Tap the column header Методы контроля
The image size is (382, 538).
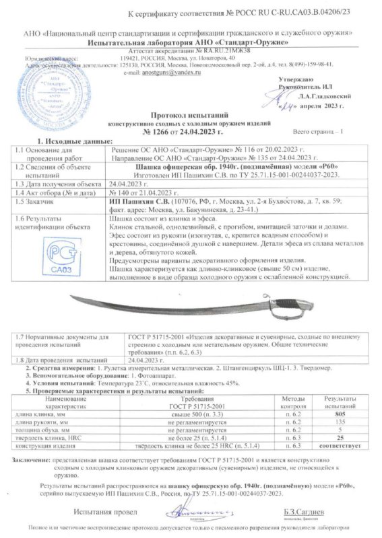pyautogui.click(x=284, y=403)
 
